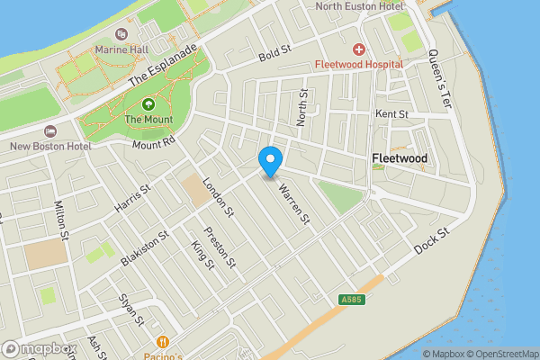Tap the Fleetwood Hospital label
pos(358,65)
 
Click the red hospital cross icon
pos(358,49)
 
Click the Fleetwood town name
pos(400,159)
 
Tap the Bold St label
pos(271,57)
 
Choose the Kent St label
pos(391,114)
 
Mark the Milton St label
pos(61,221)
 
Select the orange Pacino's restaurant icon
pos(163,342)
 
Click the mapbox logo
pos(38,349)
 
